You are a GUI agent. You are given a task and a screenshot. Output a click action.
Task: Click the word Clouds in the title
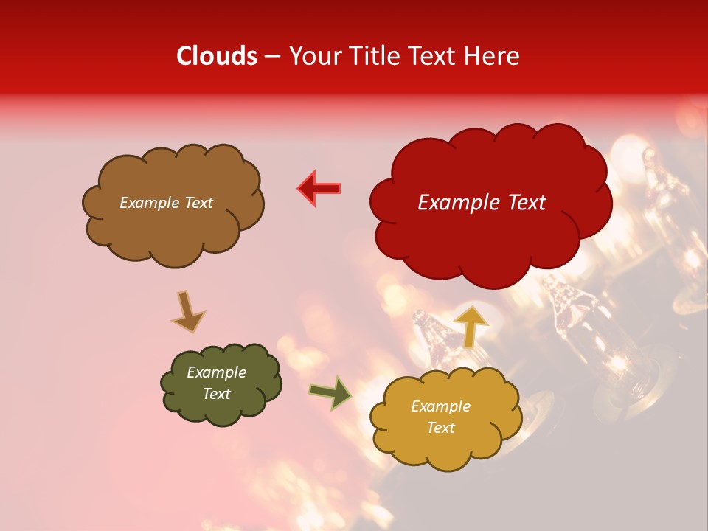coord(217,56)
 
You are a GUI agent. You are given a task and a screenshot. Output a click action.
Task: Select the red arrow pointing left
coord(319,188)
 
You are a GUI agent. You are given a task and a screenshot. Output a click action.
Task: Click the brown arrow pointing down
coord(187,311)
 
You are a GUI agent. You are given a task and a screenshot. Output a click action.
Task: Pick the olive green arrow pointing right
coord(330,392)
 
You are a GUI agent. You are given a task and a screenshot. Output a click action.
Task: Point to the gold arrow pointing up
coord(471,325)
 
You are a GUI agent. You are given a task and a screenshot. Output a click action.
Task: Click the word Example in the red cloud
coord(459,203)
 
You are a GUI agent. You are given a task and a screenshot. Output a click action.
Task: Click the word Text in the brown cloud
coord(197,203)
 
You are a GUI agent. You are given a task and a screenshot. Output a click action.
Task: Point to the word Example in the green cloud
coord(216,372)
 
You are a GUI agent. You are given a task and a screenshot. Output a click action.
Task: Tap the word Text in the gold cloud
coord(440,428)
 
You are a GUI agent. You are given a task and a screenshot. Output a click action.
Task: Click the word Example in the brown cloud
coord(149,203)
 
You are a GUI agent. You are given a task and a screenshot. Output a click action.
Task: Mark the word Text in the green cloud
coord(216,394)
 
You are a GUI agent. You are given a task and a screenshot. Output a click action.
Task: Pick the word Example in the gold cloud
coord(440,406)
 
